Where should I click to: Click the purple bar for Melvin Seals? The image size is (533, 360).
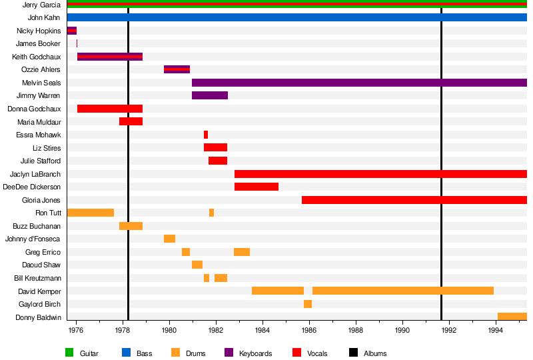click(x=359, y=83)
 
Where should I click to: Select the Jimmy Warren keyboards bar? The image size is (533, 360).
click(x=210, y=95)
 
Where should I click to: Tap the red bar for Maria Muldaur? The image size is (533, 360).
click(x=131, y=121)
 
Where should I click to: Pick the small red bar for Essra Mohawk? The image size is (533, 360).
click(x=206, y=135)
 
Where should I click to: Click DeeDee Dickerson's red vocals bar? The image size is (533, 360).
click(x=257, y=187)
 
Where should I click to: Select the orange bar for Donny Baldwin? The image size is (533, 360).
click(x=512, y=317)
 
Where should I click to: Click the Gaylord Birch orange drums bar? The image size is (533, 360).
click(x=308, y=304)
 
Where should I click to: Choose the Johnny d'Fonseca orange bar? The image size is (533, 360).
click(x=169, y=239)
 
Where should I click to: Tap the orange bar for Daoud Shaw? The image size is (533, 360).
click(x=197, y=265)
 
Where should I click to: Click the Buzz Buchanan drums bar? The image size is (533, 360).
click(x=131, y=226)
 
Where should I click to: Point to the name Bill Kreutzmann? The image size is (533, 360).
click(x=37, y=278)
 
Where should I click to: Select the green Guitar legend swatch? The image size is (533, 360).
click(x=69, y=353)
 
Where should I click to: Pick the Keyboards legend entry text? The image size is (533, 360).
click(x=255, y=353)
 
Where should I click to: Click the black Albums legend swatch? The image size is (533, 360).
click(x=353, y=353)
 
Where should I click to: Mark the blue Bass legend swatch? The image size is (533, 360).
click(x=125, y=353)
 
